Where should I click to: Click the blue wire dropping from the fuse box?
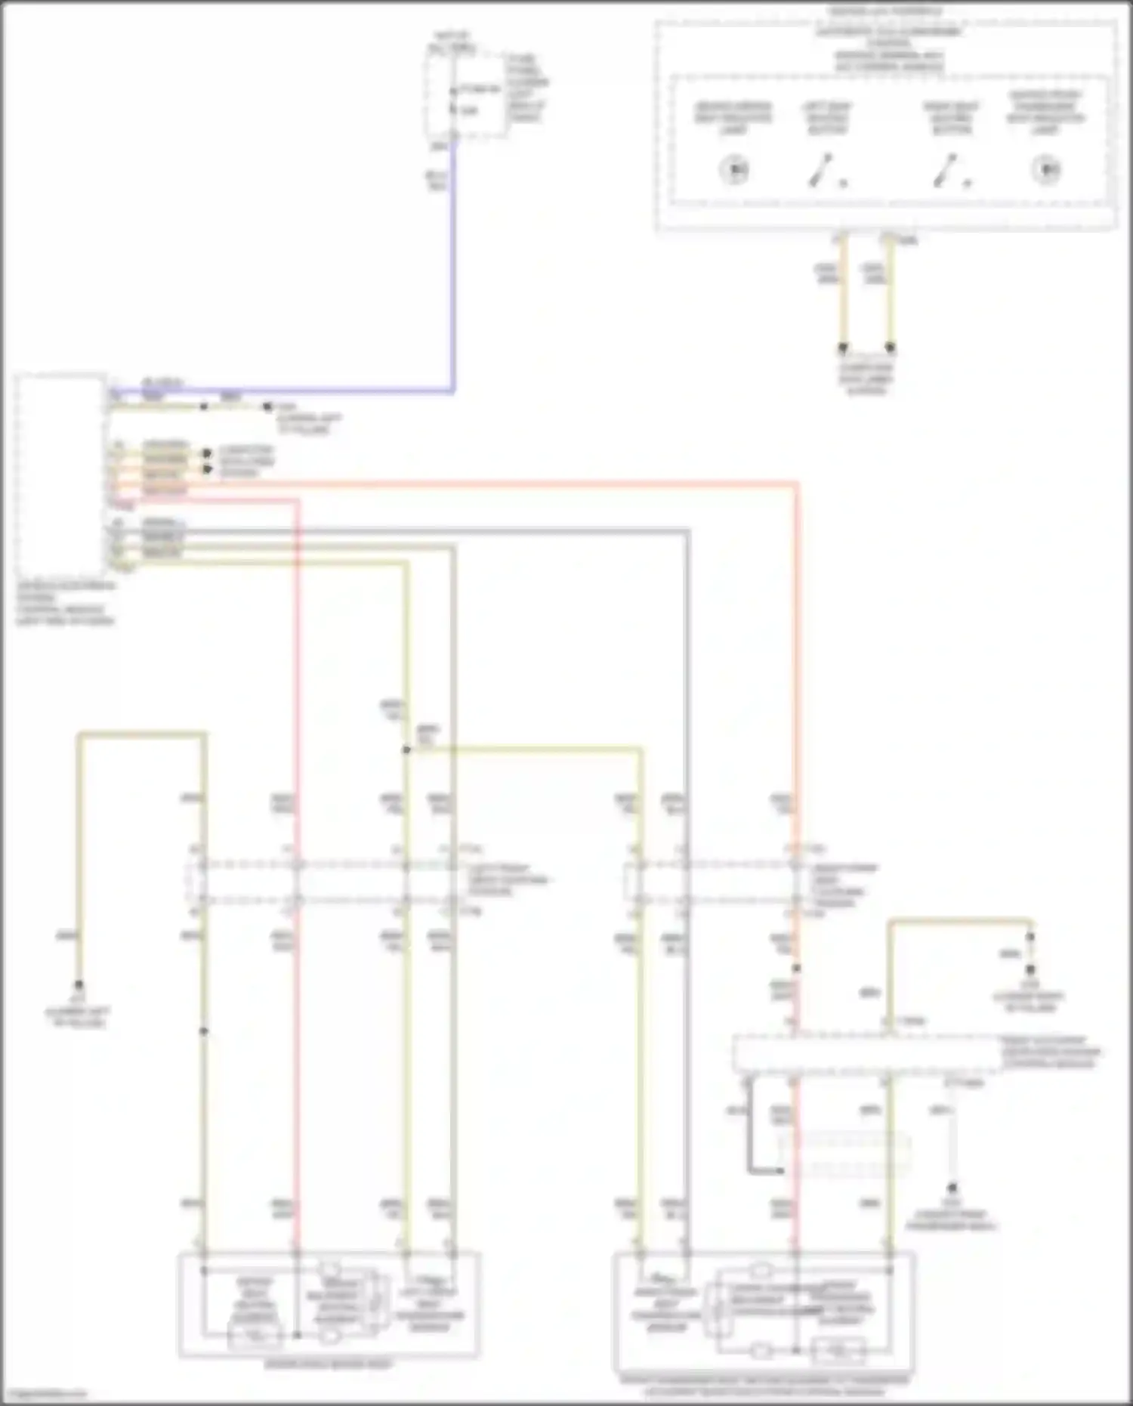(x=453, y=264)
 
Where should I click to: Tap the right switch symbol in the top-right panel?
(x=946, y=171)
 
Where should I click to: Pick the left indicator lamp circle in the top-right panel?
(x=734, y=169)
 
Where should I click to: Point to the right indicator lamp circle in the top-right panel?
(x=1046, y=169)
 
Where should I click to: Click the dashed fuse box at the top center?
(x=467, y=94)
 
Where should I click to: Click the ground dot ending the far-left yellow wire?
(x=79, y=985)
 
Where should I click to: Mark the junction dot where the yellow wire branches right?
(x=406, y=749)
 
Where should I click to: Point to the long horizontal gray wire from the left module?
(x=453, y=530)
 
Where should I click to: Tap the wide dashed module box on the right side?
(x=867, y=1053)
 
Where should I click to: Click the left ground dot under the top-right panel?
(x=843, y=348)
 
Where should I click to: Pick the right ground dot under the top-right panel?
(x=890, y=348)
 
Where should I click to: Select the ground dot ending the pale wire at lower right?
(x=952, y=1188)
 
